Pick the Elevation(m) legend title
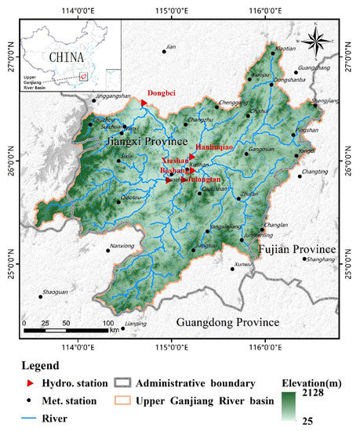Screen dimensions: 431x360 click(314, 384)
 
